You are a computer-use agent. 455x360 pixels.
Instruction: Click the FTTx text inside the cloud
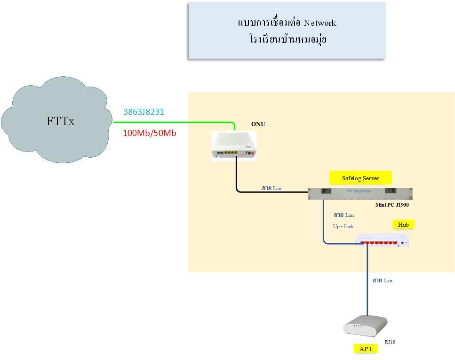[x=60, y=121]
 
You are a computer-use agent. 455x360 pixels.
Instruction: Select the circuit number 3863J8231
[x=144, y=112]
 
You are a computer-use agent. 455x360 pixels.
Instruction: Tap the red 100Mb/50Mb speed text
[x=150, y=133]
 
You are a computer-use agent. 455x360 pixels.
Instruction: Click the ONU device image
[x=234, y=146]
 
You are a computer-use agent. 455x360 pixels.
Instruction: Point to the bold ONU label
[x=258, y=124]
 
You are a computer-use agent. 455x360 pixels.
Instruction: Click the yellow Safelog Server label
[x=360, y=178]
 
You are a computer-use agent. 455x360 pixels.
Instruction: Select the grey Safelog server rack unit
[x=360, y=193]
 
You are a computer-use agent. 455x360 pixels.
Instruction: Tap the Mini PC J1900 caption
[x=392, y=205]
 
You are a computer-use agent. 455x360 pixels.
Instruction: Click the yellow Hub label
[x=403, y=224]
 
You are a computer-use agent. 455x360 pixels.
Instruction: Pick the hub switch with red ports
[x=382, y=240]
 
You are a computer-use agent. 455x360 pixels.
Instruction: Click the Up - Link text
[x=343, y=226]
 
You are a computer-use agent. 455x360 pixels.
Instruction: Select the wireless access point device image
[x=365, y=326]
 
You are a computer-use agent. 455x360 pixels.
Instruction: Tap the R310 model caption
[x=390, y=342]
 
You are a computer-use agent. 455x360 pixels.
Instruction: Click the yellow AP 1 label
[x=366, y=349]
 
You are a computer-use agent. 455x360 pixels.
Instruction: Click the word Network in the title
[x=320, y=23]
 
